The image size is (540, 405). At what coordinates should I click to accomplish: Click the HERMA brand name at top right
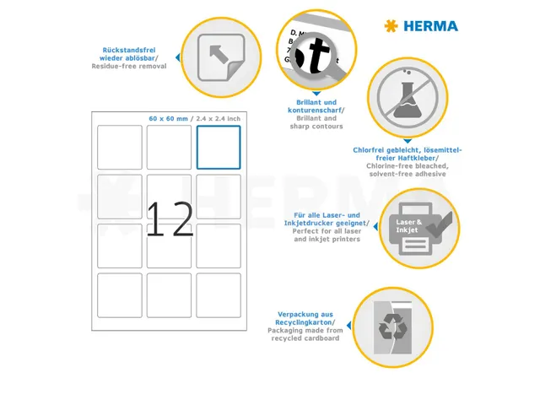[x=430, y=26]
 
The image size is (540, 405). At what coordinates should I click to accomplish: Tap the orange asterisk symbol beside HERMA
[x=390, y=26]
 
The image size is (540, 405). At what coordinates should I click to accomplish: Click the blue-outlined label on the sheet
[x=219, y=147]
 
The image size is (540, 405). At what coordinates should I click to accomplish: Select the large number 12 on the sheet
[x=170, y=219]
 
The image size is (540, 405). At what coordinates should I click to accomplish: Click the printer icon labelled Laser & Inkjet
[x=413, y=227]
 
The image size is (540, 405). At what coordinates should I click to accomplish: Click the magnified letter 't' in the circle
[x=317, y=57]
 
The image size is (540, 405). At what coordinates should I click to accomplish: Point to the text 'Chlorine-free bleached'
[x=407, y=165]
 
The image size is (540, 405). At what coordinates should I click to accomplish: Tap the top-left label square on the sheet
[x=120, y=147]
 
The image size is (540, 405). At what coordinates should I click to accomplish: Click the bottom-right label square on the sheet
[x=219, y=295]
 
